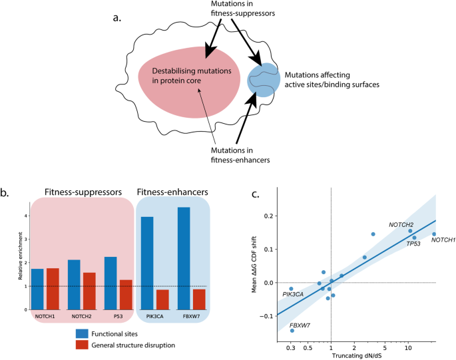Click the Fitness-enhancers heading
(174, 192)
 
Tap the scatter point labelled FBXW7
(292, 330)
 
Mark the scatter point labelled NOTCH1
(434, 234)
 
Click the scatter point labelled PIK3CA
(291, 289)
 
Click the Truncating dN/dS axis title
(357, 355)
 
